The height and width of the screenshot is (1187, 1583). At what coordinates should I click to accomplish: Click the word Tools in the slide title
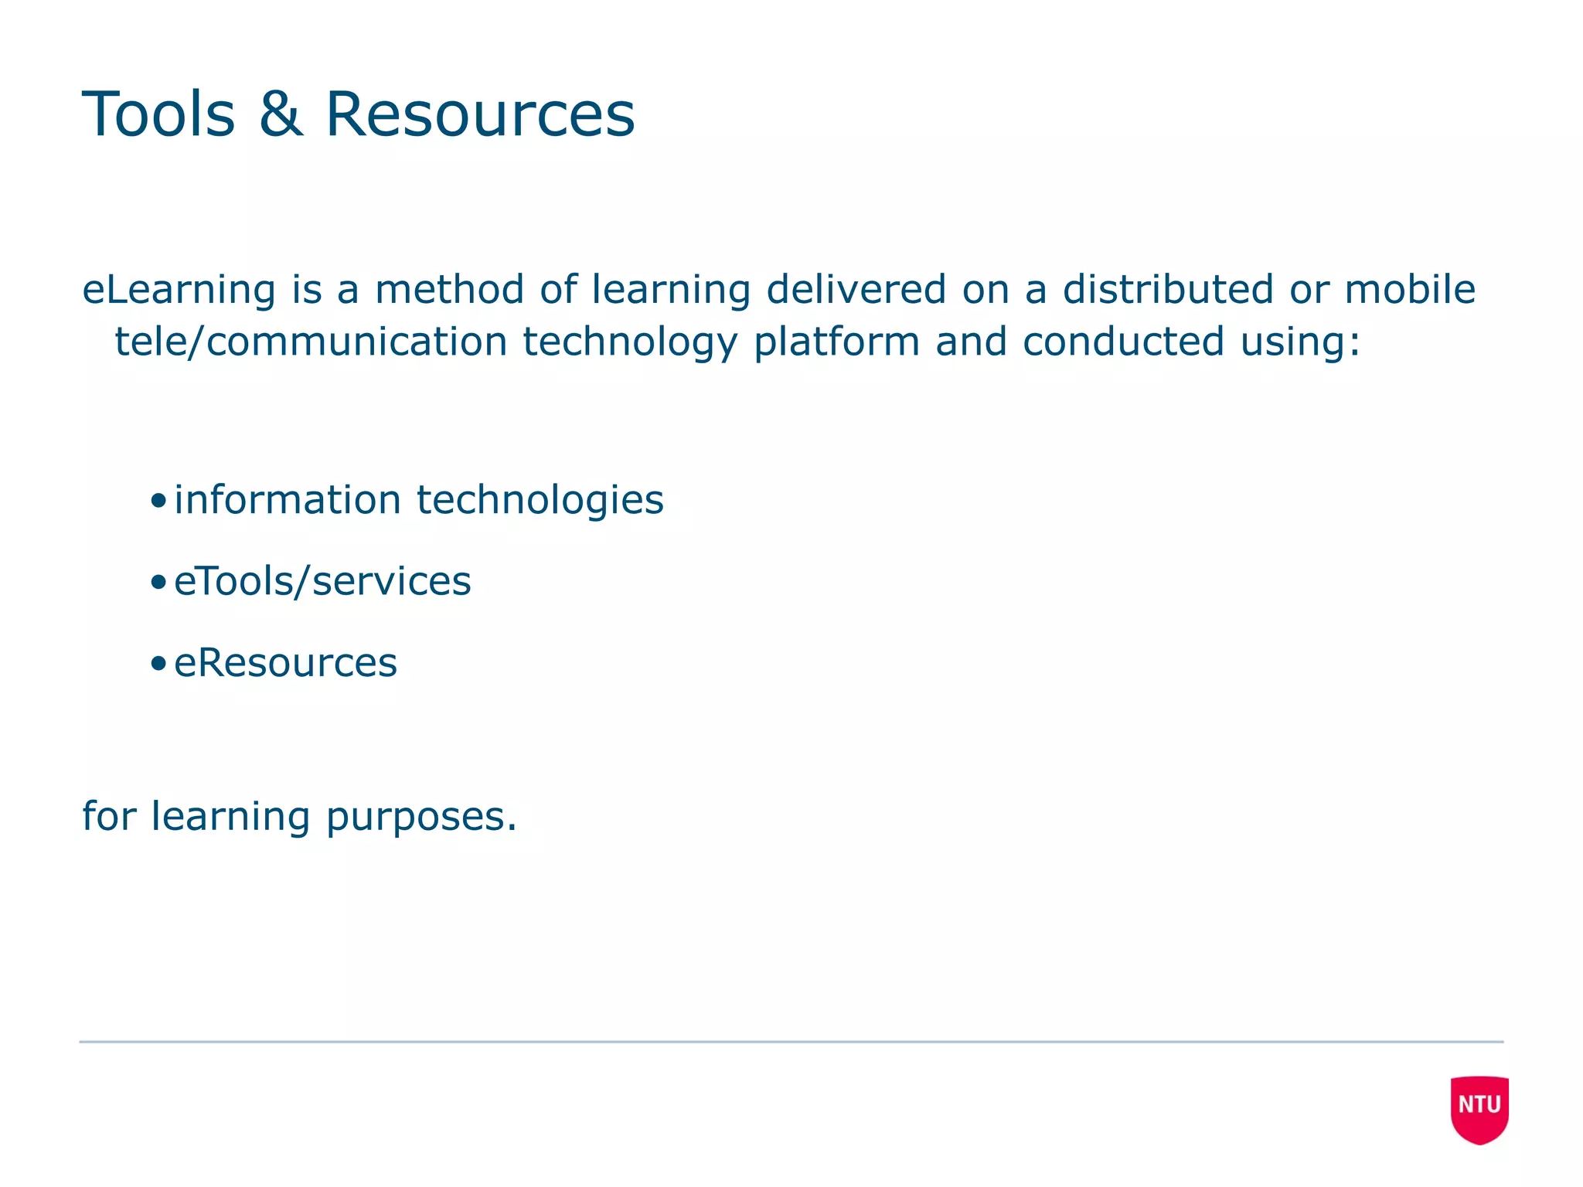pyautogui.click(x=158, y=114)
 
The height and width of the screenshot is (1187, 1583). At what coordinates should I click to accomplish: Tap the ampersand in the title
pyautogui.click(x=281, y=114)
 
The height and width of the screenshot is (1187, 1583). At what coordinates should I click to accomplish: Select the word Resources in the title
pyautogui.click(x=480, y=114)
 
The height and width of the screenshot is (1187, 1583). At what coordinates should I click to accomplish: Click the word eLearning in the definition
pyautogui.click(x=179, y=291)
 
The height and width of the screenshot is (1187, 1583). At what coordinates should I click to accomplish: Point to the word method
pyautogui.click(x=449, y=291)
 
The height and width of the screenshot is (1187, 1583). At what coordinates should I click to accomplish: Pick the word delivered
pyautogui.click(x=856, y=291)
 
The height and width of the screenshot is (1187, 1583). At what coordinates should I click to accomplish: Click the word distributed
pyautogui.click(x=1167, y=291)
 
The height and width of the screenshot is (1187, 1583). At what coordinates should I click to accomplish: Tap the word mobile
pyautogui.click(x=1410, y=291)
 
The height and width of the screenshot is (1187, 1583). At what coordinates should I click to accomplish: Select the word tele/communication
pyautogui.click(x=311, y=342)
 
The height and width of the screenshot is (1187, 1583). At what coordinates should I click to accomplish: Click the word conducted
pyautogui.click(x=1123, y=342)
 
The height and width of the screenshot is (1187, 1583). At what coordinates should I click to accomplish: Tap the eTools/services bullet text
pyautogui.click(x=322, y=582)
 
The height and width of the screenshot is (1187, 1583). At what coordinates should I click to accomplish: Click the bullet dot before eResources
pyautogui.click(x=158, y=664)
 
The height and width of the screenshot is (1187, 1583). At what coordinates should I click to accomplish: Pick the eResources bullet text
pyautogui.click(x=285, y=664)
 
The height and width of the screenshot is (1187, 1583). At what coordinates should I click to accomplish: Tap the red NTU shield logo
pyautogui.click(x=1479, y=1109)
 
